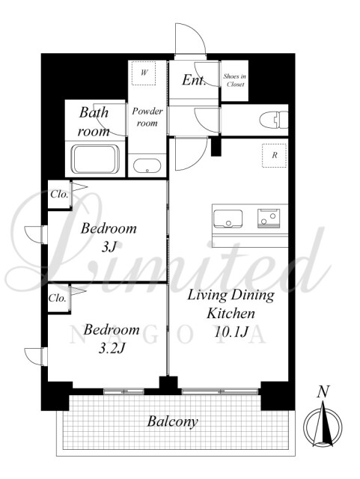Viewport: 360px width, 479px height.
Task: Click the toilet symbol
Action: [x=274, y=120]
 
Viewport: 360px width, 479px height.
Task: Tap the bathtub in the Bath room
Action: [x=95, y=159]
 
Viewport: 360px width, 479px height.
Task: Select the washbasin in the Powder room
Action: [x=147, y=165]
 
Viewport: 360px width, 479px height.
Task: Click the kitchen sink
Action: [x=228, y=219]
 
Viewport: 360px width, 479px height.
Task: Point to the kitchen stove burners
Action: [x=269, y=218]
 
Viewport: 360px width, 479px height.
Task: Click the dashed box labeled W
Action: [x=144, y=73]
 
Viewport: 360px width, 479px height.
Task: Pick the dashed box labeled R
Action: [x=275, y=156]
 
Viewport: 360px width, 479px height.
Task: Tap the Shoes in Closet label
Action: [x=235, y=80]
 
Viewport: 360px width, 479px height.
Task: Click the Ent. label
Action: [x=194, y=80]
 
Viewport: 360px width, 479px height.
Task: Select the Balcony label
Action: [x=172, y=422]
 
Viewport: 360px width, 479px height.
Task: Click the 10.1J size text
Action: [x=231, y=332]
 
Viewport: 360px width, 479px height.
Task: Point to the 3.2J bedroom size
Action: [x=112, y=348]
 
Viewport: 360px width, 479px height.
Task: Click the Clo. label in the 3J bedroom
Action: [x=59, y=194]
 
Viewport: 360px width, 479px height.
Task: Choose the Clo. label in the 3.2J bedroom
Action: [x=58, y=298]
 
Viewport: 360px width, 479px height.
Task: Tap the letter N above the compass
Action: [x=323, y=391]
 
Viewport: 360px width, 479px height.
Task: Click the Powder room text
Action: [x=147, y=117]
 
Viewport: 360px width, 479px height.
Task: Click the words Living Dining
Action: [x=231, y=296]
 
